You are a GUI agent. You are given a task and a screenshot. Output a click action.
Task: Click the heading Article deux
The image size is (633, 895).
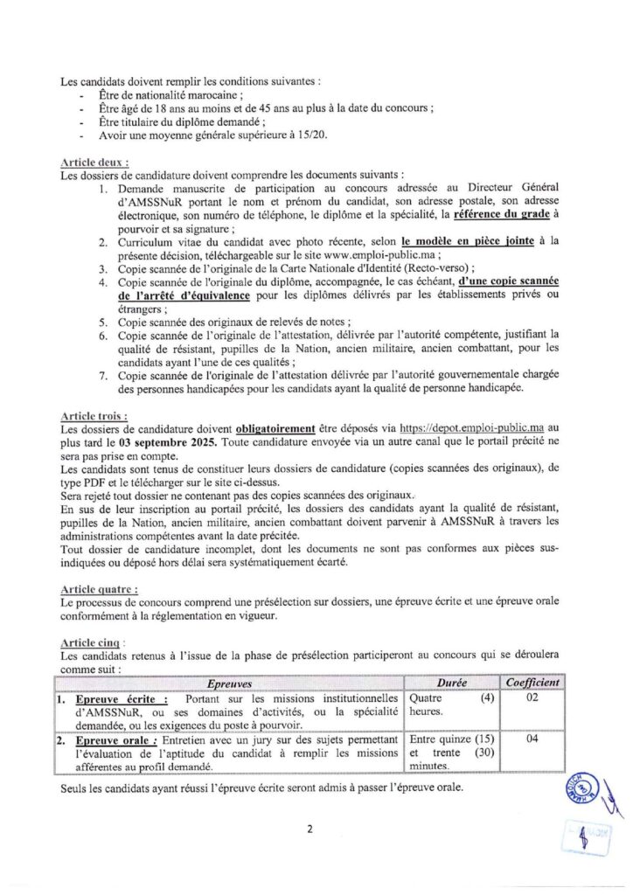(95, 163)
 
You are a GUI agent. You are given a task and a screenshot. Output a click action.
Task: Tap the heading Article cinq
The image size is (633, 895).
(93, 642)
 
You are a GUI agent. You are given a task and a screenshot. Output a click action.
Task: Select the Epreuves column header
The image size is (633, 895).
(232, 683)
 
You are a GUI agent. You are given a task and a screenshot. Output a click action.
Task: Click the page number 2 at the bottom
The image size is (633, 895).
(310, 829)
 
